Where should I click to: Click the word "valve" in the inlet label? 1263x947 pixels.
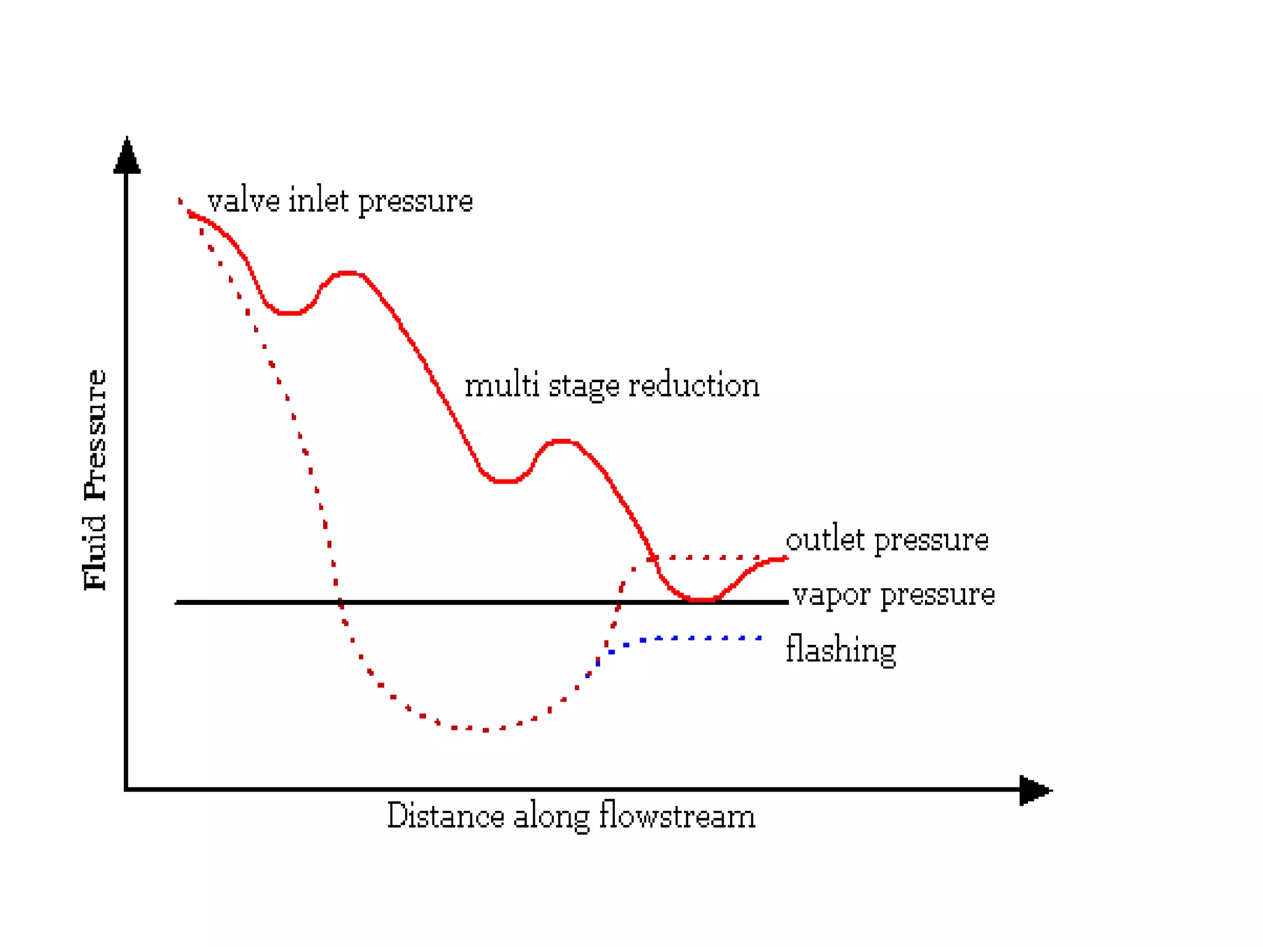(244, 201)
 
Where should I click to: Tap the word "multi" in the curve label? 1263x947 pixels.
(502, 386)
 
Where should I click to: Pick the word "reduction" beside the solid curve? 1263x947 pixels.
(694, 386)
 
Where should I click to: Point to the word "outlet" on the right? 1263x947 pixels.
(825, 539)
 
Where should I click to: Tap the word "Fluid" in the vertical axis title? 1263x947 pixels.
(95, 552)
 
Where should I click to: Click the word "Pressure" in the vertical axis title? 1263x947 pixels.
(95, 434)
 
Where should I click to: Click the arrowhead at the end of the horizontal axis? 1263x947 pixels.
(1034, 790)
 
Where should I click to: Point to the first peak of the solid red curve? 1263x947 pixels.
(347, 273)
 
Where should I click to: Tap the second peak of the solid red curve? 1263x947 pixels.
(561, 441)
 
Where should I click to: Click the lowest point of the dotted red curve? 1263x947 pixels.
(485, 729)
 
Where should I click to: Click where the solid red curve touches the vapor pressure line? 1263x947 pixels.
(702, 599)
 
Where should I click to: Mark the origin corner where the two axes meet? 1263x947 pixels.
(126, 789)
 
